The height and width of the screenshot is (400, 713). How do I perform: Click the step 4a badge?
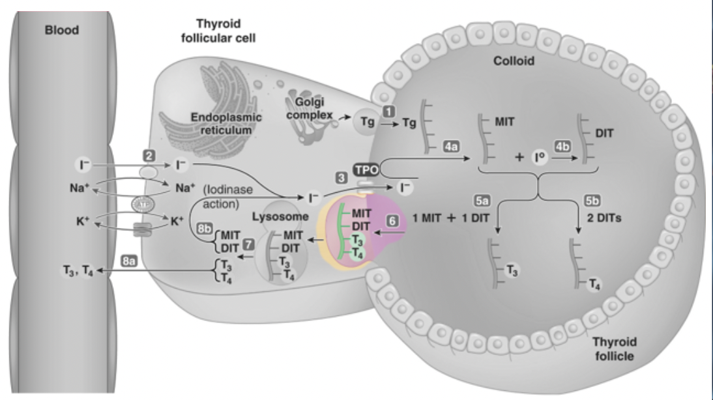point(450,147)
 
